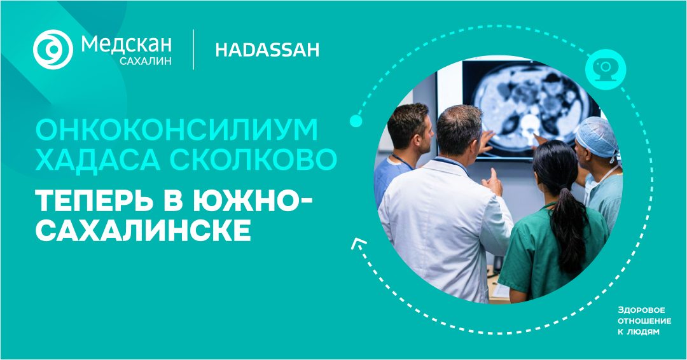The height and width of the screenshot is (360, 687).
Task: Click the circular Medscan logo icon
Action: (x=53, y=50)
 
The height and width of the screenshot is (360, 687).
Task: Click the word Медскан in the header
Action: (x=126, y=45)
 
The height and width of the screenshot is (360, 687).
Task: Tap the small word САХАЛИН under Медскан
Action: (x=146, y=61)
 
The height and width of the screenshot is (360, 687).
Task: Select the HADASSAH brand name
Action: (x=267, y=50)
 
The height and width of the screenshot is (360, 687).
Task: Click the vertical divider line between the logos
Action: (x=193, y=50)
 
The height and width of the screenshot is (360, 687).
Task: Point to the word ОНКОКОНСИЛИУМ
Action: (x=177, y=130)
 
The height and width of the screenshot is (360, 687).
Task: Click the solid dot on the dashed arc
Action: (x=356, y=121)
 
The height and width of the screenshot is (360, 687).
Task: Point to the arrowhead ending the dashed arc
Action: (x=356, y=244)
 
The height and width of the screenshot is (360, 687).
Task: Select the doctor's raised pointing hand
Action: (x=493, y=181)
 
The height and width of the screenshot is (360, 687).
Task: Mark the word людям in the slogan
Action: (x=648, y=332)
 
